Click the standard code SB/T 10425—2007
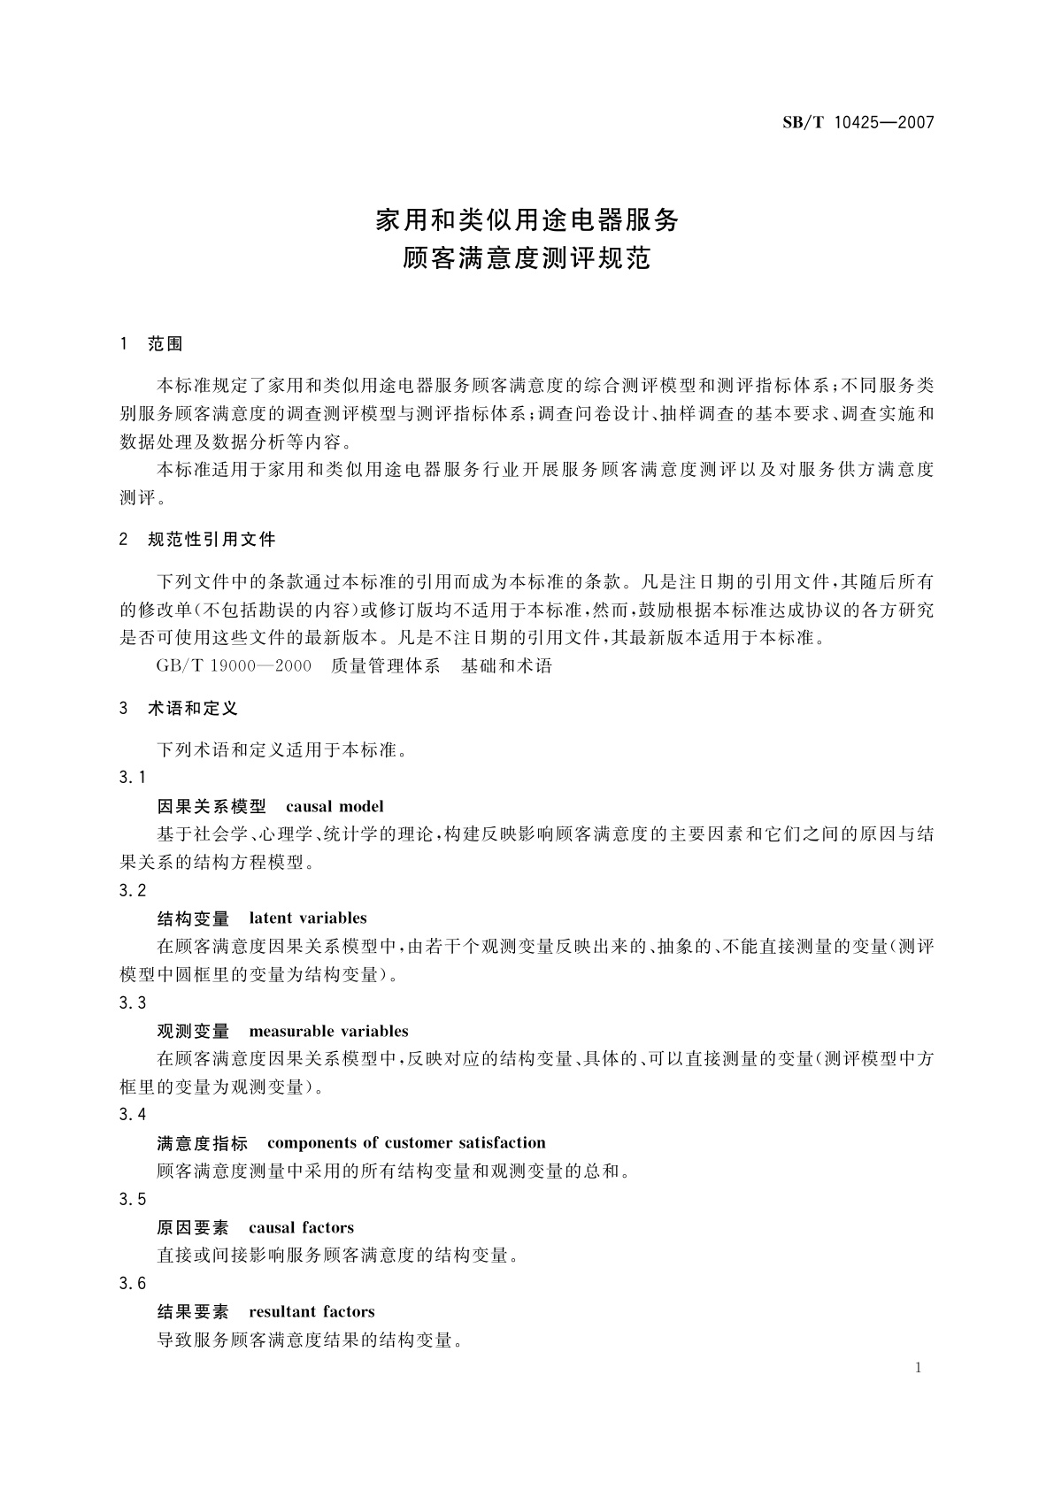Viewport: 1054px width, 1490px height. [x=858, y=123]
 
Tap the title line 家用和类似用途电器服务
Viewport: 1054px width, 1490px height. [x=527, y=219]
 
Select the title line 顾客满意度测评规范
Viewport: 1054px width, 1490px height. [x=527, y=258]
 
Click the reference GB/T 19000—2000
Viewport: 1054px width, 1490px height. [x=233, y=665]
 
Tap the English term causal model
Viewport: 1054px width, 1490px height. [x=335, y=806]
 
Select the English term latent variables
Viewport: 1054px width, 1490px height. [x=307, y=918]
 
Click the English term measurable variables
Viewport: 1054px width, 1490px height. [x=328, y=1031]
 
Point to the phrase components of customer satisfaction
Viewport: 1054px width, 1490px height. [x=406, y=1142]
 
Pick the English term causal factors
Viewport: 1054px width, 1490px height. [x=301, y=1227]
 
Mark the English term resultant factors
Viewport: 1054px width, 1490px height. [x=312, y=1311]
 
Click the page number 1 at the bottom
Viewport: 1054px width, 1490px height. [x=918, y=1368]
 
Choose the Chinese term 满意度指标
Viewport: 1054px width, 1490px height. [x=203, y=1142]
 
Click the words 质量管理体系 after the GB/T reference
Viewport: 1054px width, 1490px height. [x=385, y=665]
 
